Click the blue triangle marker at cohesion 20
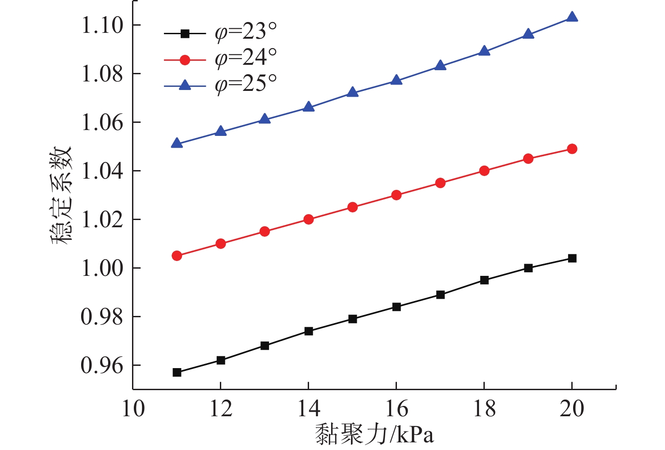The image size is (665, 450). click(572, 18)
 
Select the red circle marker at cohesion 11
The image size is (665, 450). click(177, 256)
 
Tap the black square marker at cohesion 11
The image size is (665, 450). click(177, 373)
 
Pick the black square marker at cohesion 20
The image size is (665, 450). click(572, 258)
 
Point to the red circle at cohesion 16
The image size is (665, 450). click(396, 195)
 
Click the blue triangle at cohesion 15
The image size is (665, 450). click(353, 93)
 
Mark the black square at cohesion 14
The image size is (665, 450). click(309, 331)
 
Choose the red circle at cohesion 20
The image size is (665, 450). click(572, 149)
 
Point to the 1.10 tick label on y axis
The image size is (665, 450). click(102, 25)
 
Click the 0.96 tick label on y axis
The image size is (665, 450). click(102, 365)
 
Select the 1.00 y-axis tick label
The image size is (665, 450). click(102, 268)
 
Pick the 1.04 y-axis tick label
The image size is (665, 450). click(102, 171)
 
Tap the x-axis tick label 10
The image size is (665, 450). click(133, 409)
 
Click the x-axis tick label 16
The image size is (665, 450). click(396, 409)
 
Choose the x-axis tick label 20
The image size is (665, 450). click(572, 409)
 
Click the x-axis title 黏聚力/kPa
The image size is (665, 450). click(374, 435)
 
